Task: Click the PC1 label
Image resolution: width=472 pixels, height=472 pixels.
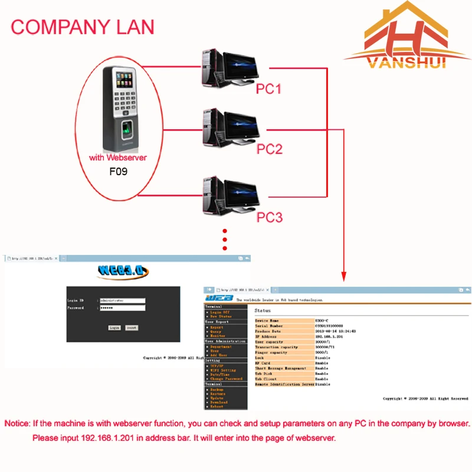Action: tap(269, 89)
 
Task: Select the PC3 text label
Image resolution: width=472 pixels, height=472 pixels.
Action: tap(270, 217)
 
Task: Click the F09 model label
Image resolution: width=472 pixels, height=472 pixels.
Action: tap(118, 172)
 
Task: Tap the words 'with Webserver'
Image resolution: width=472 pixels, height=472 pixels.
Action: tap(118, 158)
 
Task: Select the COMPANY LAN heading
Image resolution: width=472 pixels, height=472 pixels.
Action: tap(83, 27)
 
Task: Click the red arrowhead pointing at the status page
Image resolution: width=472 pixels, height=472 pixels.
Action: tap(343, 276)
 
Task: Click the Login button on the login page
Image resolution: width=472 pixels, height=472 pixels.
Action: tap(114, 327)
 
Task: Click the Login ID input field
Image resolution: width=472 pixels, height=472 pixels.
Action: tap(122, 300)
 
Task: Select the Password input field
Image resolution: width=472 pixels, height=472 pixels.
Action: tap(122, 308)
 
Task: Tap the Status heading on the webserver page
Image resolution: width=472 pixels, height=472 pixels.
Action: tap(263, 310)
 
